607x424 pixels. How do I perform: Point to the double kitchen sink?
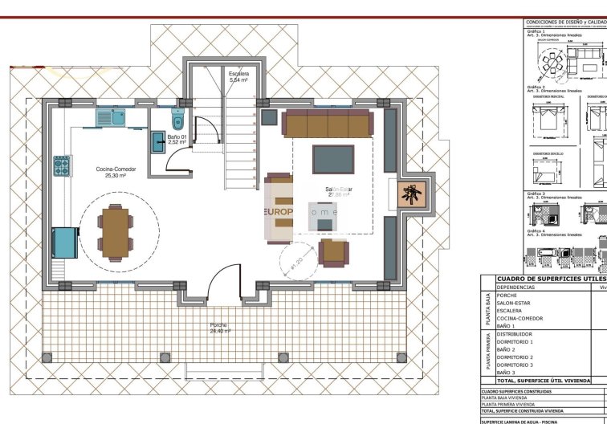pyautogui.click(x=109, y=118)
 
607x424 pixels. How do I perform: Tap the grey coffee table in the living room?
pyautogui.click(x=333, y=159)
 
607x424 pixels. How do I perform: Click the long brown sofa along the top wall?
pyautogui.click(x=327, y=124)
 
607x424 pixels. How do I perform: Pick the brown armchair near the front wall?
pyautogui.click(x=333, y=252)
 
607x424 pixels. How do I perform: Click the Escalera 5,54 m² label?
pyautogui.click(x=238, y=77)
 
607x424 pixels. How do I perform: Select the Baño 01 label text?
pyautogui.click(x=177, y=137)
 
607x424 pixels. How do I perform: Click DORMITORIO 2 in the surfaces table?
pyautogui.click(x=515, y=357)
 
